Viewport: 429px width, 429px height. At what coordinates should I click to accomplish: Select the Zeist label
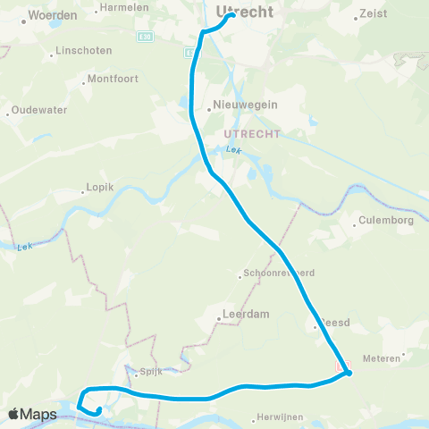[x=372, y=14]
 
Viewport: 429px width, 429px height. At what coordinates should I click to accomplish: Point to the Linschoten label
[x=80, y=51]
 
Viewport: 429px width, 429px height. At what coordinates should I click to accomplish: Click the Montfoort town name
[x=113, y=78]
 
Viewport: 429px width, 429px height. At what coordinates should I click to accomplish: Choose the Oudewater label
[x=38, y=112]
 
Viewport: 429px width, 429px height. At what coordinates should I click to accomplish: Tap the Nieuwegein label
[x=245, y=105]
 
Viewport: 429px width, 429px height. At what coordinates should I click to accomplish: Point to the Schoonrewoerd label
[x=279, y=273]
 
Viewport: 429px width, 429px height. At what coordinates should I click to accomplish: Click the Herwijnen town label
[x=281, y=416]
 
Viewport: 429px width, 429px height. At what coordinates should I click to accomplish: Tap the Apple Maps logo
[x=31, y=414]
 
